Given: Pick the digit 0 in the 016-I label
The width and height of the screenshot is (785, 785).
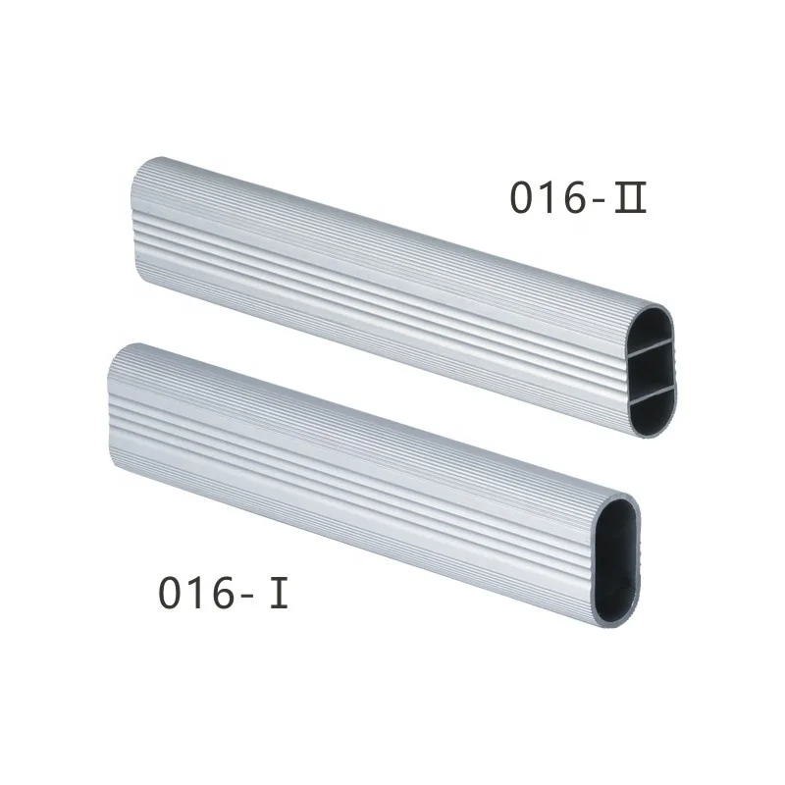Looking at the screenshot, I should coord(172,594).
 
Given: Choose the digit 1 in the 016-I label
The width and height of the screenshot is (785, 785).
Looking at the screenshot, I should coord(199,594).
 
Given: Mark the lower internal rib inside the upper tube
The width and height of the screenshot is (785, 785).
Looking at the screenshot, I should coord(654,391).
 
